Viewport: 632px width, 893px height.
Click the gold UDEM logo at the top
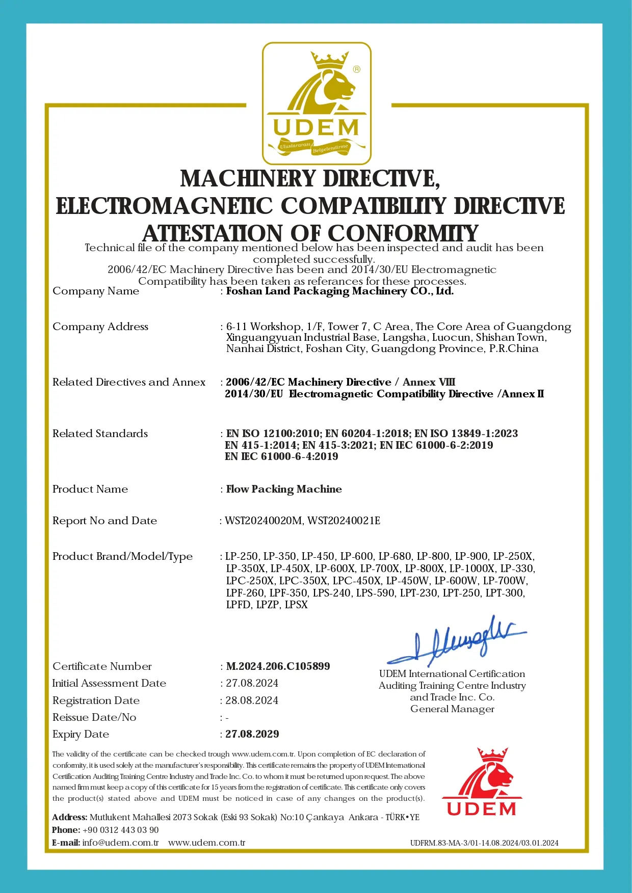pyautogui.click(x=316, y=104)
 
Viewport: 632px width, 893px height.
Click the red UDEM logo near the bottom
pyautogui.click(x=482, y=782)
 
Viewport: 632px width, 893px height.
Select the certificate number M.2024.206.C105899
pyautogui.click(x=278, y=666)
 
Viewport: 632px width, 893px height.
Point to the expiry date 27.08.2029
pyautogui.click(x=252, y=734)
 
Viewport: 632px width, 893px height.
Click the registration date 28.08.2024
pyautogui.click(x=252, y=700)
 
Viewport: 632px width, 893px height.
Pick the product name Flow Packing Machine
pyautogui.click(x=284, y=489)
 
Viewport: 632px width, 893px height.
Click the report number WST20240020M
pyautogui.click(x=264, y=521)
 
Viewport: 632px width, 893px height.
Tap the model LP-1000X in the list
pyautogui.click(x=472, y=569)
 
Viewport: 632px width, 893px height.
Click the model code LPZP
pyautogui.click(x=268, y=605)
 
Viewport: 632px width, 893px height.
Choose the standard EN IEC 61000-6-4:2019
pyautogui.click(x=281, y=456)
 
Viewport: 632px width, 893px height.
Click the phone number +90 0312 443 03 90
pyautogui.click(x=120, y=830)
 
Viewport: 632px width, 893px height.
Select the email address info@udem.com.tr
pyautogui.click(x=120, y=843)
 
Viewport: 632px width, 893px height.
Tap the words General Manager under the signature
pyautogui.click(x=452, y=709)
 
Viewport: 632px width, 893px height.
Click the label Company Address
pyautogui.click(x=100, y=327)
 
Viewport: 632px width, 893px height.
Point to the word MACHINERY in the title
pyautogui.click(x=248, y=179)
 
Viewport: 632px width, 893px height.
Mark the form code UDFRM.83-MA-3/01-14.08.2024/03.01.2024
pyautogui.click(x=484, y=843)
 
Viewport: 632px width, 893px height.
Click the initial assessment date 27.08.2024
pyautogui.click(x=252, y=683)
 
